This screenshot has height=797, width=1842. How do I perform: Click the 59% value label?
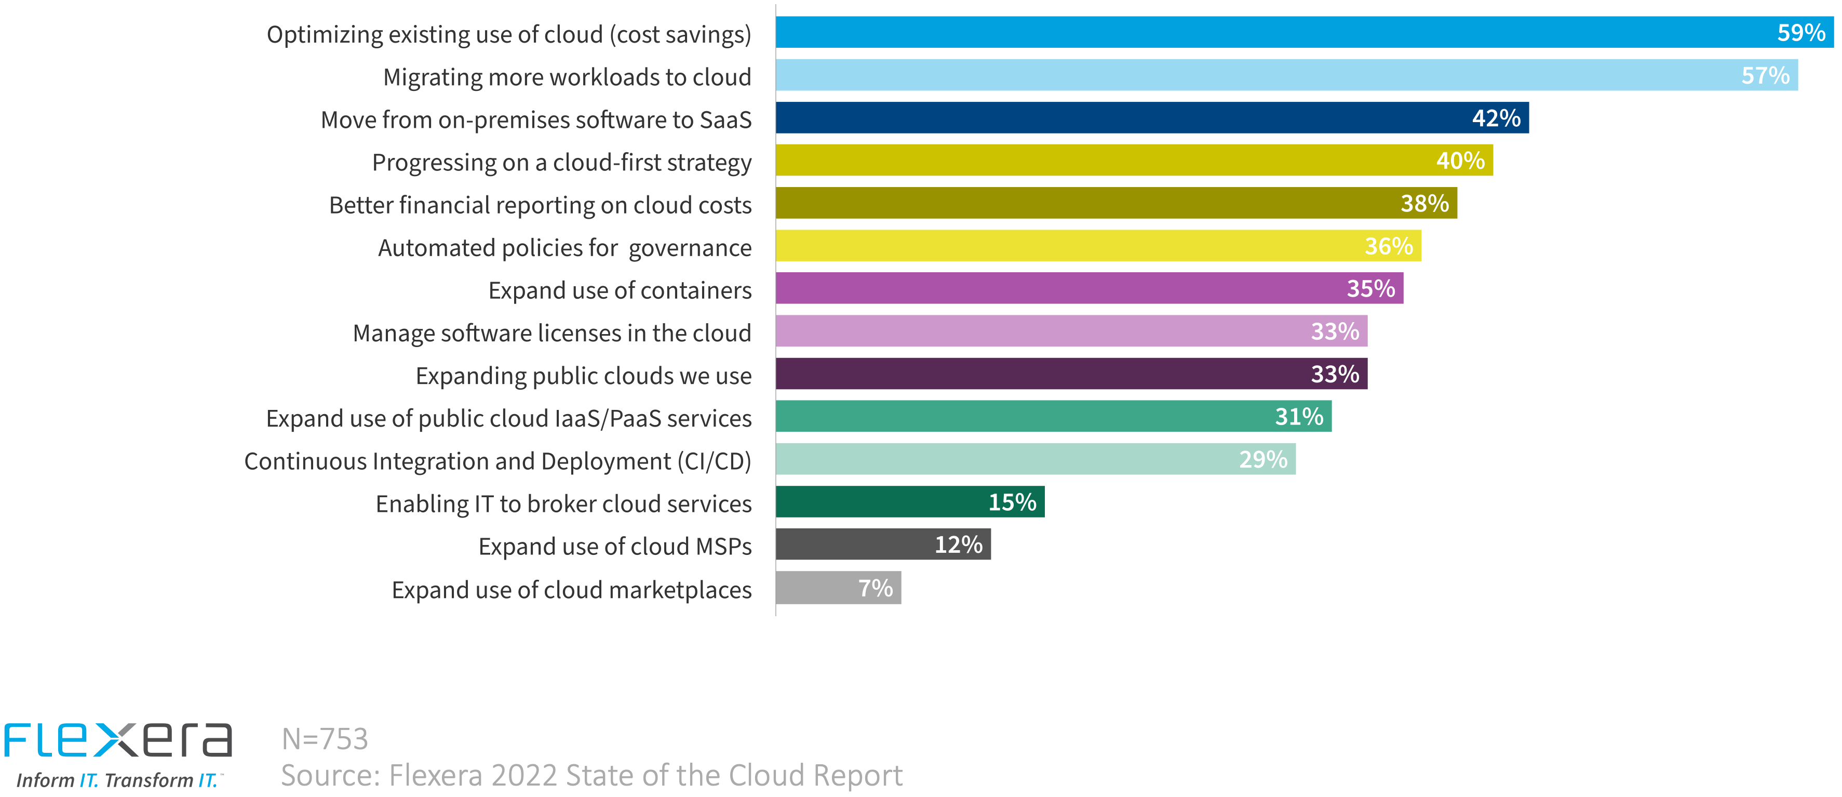[1800, 33]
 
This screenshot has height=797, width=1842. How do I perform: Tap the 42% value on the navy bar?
[1496, 118]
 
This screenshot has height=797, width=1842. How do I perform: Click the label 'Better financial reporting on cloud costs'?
[540, 205]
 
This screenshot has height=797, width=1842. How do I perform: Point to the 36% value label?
[1388, 246]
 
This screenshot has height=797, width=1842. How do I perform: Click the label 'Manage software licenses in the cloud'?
[552, 334]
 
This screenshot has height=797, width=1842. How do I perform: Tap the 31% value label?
[1299, 416]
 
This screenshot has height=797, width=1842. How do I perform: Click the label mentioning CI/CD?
[497, 461]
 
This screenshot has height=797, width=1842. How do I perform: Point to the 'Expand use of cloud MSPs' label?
[614, 547]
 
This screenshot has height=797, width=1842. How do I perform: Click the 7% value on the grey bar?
[875, 588]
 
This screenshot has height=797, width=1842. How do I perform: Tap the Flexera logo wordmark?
[118, 740]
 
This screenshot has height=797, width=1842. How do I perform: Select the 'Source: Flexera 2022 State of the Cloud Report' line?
[591, 776]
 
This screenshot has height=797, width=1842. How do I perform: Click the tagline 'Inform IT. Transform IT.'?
[116, 780]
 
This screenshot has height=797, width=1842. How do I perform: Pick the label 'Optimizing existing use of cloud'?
[508, 34]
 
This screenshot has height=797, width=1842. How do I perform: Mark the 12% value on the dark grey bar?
[958, 545]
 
